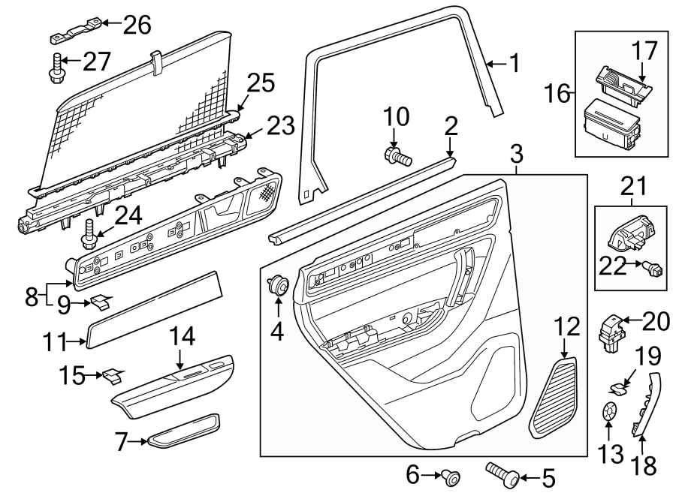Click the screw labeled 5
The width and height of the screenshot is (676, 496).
coord(500,473)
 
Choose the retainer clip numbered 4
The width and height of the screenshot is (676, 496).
coord(278,286)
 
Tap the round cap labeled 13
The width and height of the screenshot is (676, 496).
coord(610,412)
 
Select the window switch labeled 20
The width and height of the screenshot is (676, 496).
coord(609,332)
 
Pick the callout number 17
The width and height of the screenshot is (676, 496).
coord(644,51)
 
